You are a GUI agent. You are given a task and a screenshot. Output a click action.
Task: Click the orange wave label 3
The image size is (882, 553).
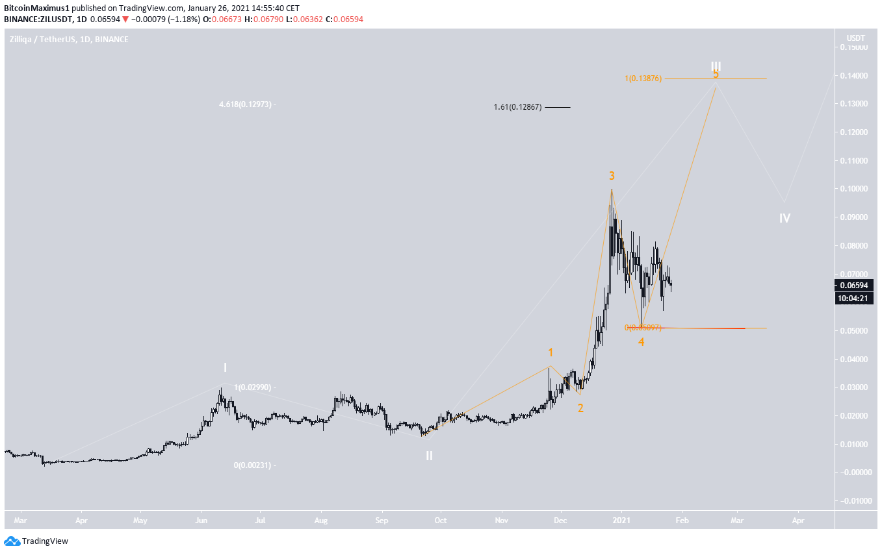point(612,175)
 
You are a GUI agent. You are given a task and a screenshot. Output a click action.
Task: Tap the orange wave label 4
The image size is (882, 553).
point(641,341)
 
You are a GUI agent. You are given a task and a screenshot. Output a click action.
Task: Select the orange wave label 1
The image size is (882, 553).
point(551,352)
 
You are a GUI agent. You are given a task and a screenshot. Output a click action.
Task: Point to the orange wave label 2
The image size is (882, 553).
point(580,408)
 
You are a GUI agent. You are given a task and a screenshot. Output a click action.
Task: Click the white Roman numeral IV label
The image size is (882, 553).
point(785,218)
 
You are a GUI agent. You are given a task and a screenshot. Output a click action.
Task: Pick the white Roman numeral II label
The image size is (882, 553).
point(429,456)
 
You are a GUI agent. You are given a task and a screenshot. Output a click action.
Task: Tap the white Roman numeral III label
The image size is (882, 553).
point(716,66)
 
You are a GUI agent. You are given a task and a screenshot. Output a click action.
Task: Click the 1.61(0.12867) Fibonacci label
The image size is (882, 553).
point(517,107)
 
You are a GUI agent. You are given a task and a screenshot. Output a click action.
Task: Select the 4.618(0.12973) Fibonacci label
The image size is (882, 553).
point(246,104)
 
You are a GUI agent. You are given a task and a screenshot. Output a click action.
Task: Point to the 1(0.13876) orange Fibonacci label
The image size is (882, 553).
point(643,79)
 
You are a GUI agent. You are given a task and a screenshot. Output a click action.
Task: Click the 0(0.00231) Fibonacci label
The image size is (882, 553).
point(255,465)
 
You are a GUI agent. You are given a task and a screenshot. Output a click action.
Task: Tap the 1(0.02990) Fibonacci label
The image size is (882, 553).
point(255,387)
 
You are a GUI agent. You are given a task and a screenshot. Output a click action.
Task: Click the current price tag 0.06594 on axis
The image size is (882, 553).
point(855,286)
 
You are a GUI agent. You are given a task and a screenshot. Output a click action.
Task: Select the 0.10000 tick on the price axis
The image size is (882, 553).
point(855,189)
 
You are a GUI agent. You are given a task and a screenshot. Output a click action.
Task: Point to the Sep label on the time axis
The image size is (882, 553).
point(382,520)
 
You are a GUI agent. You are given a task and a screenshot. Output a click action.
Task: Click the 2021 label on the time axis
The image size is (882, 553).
point(622,520)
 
